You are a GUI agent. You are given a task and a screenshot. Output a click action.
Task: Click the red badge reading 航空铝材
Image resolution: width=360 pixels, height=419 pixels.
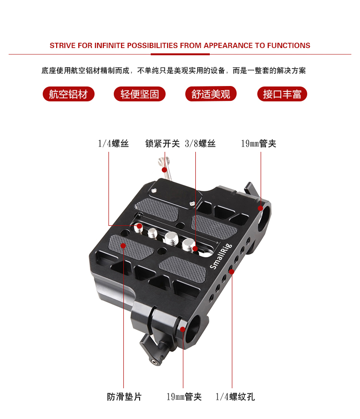pos(69,94)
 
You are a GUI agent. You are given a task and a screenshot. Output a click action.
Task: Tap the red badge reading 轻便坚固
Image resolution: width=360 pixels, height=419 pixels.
pos(140,94)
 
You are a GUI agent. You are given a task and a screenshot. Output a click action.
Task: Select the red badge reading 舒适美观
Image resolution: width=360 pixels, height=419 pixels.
pos(211,94)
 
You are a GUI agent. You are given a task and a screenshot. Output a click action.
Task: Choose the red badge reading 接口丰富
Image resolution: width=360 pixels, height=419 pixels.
pos(282,94)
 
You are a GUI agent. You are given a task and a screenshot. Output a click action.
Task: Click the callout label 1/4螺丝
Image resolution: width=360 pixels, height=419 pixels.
pos(113,144)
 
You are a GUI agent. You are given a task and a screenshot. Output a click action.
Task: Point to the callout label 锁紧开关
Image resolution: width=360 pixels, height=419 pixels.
pos(163,144)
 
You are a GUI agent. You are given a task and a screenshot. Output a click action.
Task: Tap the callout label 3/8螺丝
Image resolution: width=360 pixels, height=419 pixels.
pos(200,144)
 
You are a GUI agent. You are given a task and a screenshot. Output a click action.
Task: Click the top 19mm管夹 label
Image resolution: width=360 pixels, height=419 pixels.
pos(259,144)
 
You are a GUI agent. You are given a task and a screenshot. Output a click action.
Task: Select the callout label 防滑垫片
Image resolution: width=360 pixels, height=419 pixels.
pos(124,396)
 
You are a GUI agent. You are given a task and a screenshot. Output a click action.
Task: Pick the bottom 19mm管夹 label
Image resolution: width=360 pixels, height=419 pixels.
pos(184,396)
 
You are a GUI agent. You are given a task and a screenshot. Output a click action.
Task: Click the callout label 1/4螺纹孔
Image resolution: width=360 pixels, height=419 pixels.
pos(235,396)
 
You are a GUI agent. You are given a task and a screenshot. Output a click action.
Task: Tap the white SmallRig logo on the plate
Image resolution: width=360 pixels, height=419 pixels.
pos(221,256)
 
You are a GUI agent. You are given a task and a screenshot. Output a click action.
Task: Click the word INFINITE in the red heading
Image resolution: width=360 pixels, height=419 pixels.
pos(109,46)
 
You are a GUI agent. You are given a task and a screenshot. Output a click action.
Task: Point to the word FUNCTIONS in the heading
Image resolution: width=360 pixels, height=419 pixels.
pos(288,46)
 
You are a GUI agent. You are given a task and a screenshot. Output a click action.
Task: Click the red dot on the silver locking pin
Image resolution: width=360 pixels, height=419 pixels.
pos(164,170)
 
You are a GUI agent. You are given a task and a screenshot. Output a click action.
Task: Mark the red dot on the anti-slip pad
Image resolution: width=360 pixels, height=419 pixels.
pos(123,246)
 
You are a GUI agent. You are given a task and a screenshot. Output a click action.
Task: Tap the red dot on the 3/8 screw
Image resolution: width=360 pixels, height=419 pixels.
pos(195,249)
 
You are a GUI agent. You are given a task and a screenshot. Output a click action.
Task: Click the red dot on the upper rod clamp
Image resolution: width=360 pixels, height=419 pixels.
pos(261,208)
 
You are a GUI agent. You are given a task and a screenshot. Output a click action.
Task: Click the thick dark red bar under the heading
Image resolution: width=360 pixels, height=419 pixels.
pos(180,54)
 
